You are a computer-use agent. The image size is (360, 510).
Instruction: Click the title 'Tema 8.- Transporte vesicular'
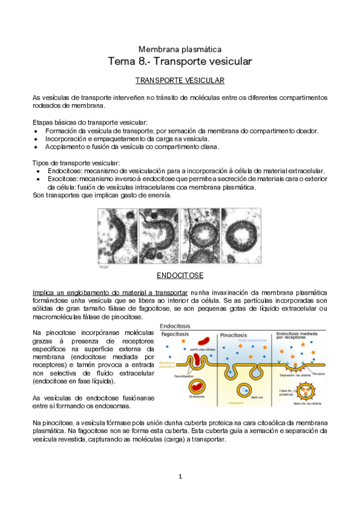click(180, 61)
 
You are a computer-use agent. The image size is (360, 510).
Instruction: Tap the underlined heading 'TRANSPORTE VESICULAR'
click(180, 80)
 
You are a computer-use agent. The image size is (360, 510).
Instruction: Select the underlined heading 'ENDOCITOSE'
click(180, 275)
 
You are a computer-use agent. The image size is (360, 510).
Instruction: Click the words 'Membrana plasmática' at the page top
click(180, 48)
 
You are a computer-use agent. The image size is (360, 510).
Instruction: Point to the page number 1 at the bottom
click(180, 477)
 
